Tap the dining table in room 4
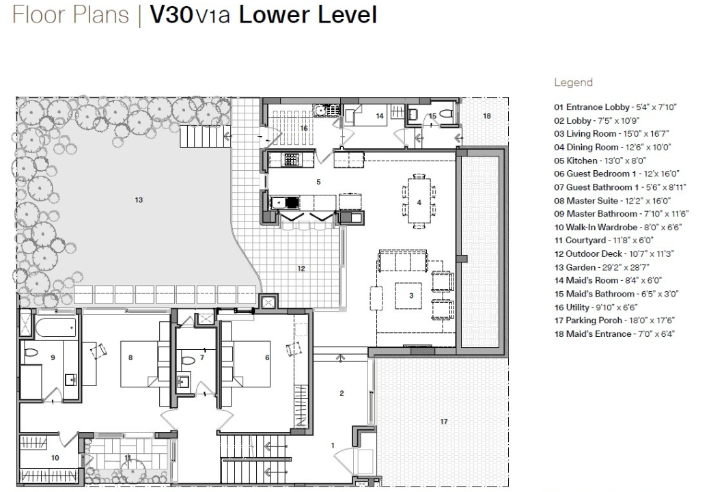pos(419,202)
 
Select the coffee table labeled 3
pos(411,295)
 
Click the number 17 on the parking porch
pos(443,422)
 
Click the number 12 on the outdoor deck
pos(301,269)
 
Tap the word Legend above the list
pos(573,83)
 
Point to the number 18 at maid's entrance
pos(486,116)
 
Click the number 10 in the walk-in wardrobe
pos(55,457)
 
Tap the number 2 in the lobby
pos(342,393)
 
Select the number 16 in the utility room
pos(303,128)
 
